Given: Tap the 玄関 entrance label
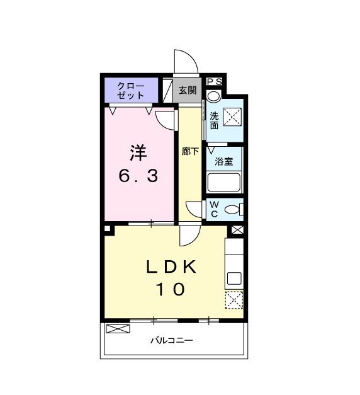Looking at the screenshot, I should point(187,91).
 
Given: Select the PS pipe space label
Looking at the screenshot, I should point(215,81).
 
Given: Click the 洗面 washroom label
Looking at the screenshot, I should point(214,120).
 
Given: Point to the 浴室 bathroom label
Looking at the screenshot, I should point(225,161).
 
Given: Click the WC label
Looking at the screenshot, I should point(214,210).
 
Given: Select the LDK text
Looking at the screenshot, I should point(172,267).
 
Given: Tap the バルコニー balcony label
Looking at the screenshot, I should point(172,341).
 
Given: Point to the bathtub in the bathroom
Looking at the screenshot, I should point(225,183).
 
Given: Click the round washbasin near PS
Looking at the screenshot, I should point(214,96).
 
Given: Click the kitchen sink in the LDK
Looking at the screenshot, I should point(234,278).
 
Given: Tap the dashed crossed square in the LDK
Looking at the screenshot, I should point(234,301).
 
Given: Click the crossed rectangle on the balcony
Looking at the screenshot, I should point(117,328).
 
